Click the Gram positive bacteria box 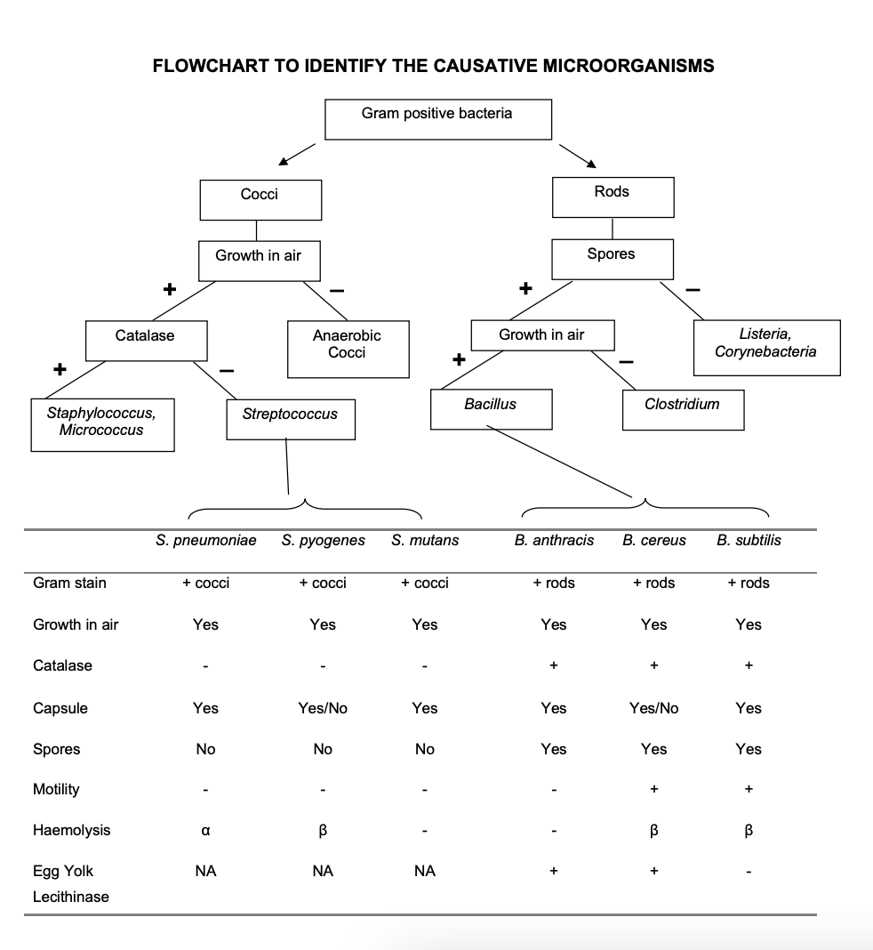437,119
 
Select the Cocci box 260,200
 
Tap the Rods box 612,197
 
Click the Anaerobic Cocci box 347,350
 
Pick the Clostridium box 682,409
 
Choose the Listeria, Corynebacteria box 765,347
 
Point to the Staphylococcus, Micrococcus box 101,423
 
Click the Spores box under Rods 612,259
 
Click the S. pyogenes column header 324,540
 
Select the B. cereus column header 653,540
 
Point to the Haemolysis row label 72,830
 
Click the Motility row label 56,789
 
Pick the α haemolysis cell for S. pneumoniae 205,831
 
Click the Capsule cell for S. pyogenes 323,708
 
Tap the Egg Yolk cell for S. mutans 425,872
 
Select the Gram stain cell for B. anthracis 553,583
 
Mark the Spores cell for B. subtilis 749,749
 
